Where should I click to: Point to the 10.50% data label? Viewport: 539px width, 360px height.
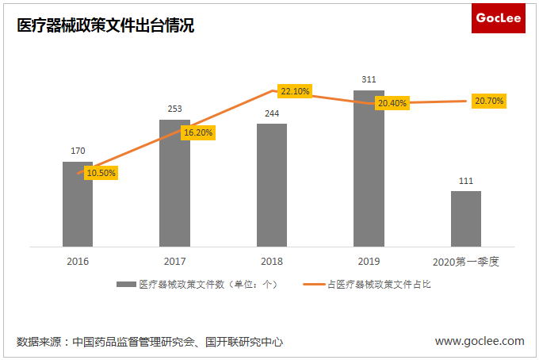[101, 173]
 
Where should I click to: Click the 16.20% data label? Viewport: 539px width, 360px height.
[198, 132]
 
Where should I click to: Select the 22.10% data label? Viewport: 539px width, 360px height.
[295, 91]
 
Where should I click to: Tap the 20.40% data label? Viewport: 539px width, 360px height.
[392, 103]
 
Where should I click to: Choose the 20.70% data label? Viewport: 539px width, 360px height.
[489, 101]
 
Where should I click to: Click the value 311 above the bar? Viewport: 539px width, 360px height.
[369, 79]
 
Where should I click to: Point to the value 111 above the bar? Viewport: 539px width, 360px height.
[466, 181]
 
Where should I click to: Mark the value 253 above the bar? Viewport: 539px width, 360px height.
[174, 109]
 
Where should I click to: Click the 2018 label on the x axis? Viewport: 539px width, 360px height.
[272, 261]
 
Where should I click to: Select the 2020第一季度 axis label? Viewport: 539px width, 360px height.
[466, 261]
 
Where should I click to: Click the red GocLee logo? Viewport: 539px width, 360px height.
[498, 18]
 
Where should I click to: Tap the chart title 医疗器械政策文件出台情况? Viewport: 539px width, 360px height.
[106, 26]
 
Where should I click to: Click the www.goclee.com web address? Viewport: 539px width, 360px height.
[480, 341]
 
